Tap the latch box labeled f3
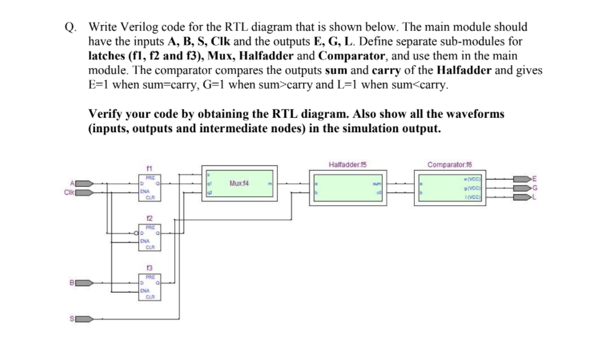coord(150,287)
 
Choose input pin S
coord(83,319)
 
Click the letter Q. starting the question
coord(70,27)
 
